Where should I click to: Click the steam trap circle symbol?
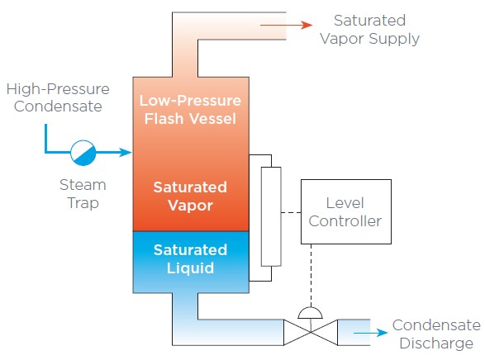click(83, 153)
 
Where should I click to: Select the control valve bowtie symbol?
click(311, 332)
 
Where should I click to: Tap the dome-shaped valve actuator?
click(310, 313)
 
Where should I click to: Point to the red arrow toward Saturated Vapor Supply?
click(287, 25)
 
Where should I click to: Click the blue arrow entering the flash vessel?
click(114, 152)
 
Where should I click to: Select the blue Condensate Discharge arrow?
click(370, 333)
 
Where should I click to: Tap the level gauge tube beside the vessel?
click(271, 216)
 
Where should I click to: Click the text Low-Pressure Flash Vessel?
click(190, 109)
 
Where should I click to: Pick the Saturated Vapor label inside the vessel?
click(190, 197)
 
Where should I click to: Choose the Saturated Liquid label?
click(190, 259)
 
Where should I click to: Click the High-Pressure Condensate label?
click(58, 97)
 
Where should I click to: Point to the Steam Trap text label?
click(83, 194)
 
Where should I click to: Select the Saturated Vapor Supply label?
click(369, 30)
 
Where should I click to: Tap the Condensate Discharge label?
click(436, 334)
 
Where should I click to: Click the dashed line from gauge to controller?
click(291, 212)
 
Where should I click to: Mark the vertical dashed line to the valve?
click(311, 275)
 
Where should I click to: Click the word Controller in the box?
click(345, 221)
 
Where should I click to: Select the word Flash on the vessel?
click(164, 119)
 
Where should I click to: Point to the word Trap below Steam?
click(83, 203)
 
